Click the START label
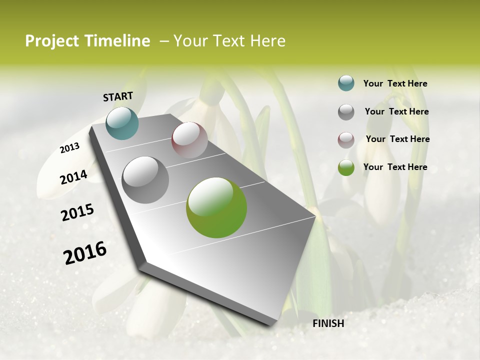coord(118,96)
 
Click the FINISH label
coord(328,323)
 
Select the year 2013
coord(70,148)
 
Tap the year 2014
coord(73,177)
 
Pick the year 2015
coord(77,212)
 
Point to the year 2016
coord(85,252)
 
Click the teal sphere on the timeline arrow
coord(122,123)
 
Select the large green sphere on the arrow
coord(216,207)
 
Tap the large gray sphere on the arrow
coord(145,180)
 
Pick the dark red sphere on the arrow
coord(189,140)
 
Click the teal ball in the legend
coord(346,83)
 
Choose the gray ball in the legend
coord(346,112)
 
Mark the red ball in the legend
coord(346,139)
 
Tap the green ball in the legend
coord(346,167)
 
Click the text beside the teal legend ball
coord(395,83)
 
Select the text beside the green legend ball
coord(395,167)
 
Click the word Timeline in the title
coord(118,41)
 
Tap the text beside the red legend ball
coord(397,139)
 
